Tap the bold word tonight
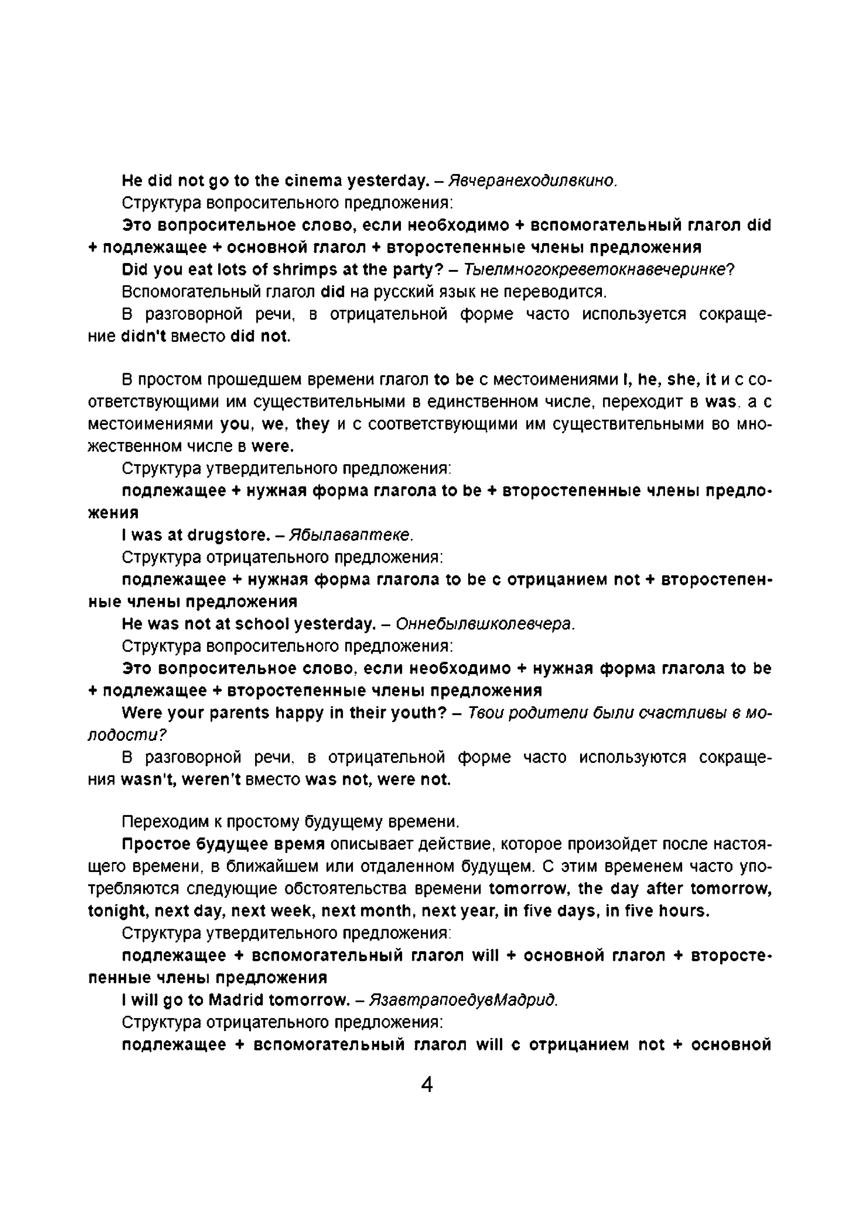tap(117, 911)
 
